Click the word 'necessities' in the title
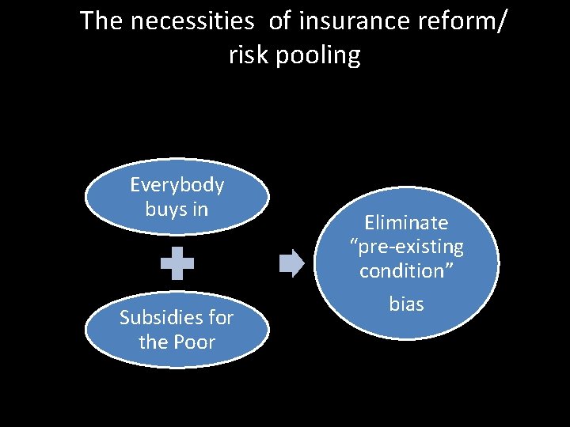pyautogui.click(x=192, y=21)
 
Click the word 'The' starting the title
pyautogui.click(x=101, y=21)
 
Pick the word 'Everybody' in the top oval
pyautogui.click(x=177, y=185)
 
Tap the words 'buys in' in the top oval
pyautogui.click(x=177, y=210)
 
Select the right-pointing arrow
pyautogui.click(x=292, y=263)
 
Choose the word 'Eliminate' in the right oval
pyautogui.click(x=407, y=223)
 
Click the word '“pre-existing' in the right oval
pyautogui.click(x=407, y=247)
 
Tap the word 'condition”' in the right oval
pyautogui.click(x=407, y=270)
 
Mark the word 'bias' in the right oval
pyautogui.click(x=407, y=304)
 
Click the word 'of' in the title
pyautogui.click(x=279, y=21)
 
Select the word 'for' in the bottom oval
pyautogui.click(x=221, y=318)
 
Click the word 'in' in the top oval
pyautogui.click(x=201, y=210)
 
